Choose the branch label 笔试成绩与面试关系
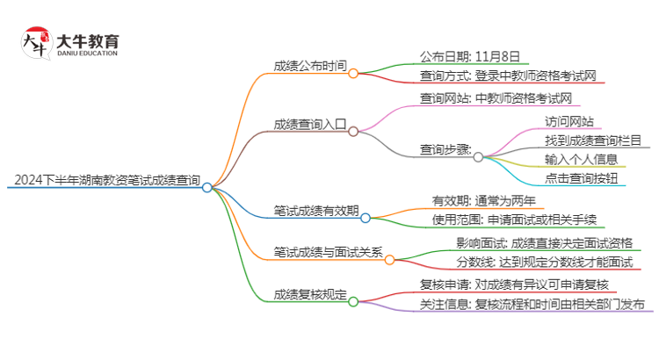pos(328,252)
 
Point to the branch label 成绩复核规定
pos(309,294)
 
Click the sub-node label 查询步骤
pos(445,149)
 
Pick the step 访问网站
pos(568,121)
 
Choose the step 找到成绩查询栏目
pos(592,140)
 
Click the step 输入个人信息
pos(581,159)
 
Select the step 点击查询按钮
pos(581,178)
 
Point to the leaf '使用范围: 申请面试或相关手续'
pos(514,220)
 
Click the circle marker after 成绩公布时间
pos(353,74)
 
